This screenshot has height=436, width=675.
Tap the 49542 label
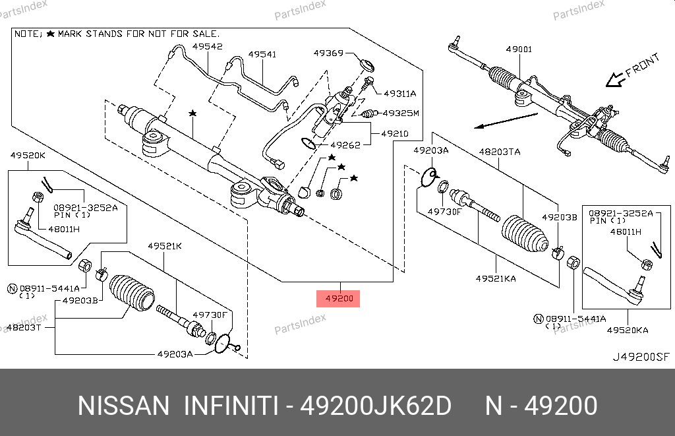click(207, 46)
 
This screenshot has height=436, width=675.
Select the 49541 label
click(262, 55)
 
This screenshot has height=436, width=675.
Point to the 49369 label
click(328, 53)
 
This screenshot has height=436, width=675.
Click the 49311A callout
click(399, 94)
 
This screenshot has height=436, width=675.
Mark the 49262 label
click(345, 145)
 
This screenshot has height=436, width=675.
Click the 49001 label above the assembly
click(519, 49)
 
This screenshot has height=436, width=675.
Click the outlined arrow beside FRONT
click(615, 79)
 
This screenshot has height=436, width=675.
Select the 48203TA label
click(499, 152)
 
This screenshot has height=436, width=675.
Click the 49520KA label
click(628, 330)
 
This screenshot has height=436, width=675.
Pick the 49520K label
click(28, 156)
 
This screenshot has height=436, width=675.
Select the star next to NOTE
click(51, 32)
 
